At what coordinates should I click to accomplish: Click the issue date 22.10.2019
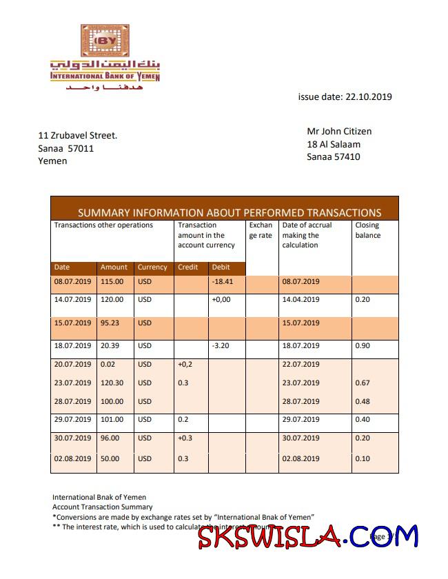[345, 97]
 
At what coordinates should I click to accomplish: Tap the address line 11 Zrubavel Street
[78, 135]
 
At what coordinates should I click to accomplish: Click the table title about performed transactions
[229, 212]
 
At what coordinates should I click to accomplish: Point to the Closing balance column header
[367, 230]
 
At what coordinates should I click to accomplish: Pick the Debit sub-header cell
[221, 267]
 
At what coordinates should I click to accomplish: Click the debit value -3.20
[221, 346]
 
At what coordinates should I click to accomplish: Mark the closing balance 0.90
[363, 346]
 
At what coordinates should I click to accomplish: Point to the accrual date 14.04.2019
[301, 300]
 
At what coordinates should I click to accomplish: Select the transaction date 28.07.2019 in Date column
[72, 401]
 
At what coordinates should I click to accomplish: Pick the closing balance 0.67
[363, 383]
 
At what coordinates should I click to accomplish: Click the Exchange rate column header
[261, 230]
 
